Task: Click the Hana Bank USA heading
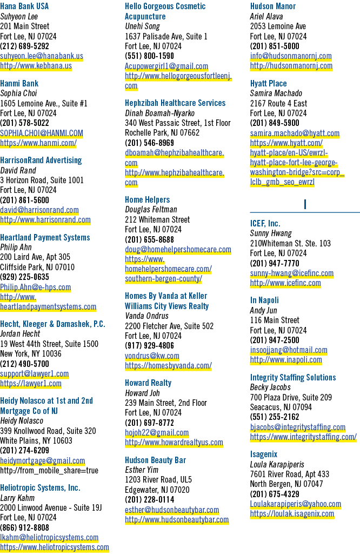coord(24,6)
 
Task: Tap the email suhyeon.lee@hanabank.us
coord(42,56)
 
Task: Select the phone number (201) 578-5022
coord(24,123)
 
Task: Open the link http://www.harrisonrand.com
coord(45,220)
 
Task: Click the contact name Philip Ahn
coord(16,248)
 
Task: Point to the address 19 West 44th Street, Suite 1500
coord(49,344)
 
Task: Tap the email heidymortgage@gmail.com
coord(43,461)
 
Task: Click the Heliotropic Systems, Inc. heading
coord(40,488)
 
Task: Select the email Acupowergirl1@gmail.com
coord(166,66)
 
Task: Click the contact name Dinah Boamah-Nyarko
coord(159,113)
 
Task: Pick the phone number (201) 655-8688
coord(149,239)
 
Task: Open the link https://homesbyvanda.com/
coord(168,366)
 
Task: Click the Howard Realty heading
coord(148,383)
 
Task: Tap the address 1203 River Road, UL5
coord(158,480)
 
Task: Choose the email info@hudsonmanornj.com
coord(291,56)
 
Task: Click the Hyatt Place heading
coord(268,84)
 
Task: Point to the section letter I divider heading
coord(305,204)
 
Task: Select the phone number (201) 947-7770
coord(275,264)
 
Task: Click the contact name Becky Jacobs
coord(270,387)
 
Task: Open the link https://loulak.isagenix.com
coord(292,514)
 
